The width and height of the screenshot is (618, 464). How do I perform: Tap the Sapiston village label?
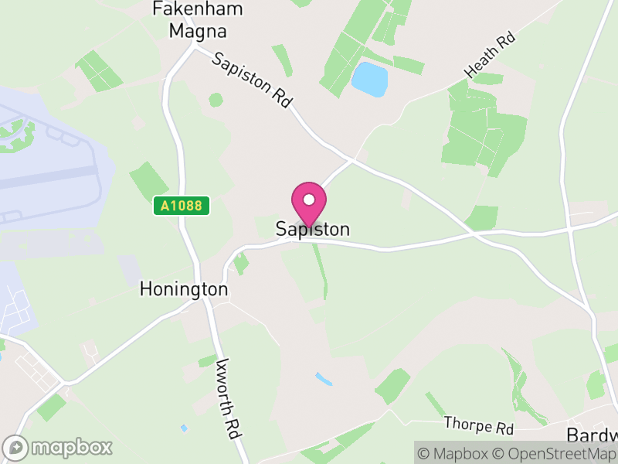click(313, 230)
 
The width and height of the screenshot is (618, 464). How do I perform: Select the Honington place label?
click(184, 289)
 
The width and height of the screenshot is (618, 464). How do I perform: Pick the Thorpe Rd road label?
click(479, 425)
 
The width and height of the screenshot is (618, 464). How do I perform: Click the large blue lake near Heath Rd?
click(369, 80)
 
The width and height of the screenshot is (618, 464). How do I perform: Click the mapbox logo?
click(59, 447)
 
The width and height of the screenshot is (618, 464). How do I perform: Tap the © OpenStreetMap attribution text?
click(555, 454)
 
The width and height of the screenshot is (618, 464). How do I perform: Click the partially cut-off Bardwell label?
click(593, 434)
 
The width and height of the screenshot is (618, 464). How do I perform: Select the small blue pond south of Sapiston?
click(324, 379)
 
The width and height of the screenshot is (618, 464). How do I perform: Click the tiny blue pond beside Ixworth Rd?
click(184, 428)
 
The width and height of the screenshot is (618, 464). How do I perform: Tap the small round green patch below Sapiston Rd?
click(216, 100)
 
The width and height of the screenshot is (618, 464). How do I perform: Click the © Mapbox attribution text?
click(456, 454)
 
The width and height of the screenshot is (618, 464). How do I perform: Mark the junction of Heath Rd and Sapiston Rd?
click(353, 159)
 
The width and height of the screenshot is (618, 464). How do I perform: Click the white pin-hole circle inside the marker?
click(309, 200)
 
